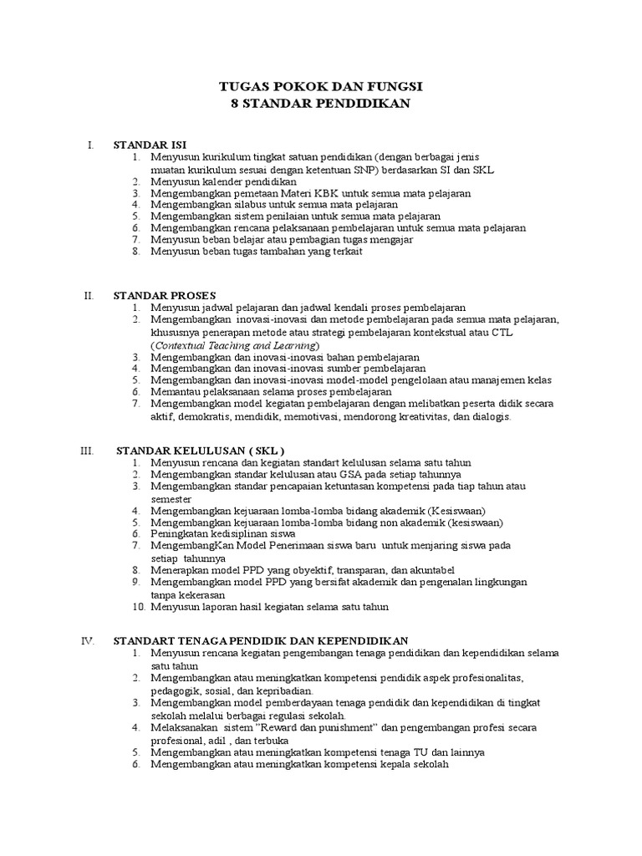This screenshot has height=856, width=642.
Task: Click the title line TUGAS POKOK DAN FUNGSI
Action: click(x=320, y=86)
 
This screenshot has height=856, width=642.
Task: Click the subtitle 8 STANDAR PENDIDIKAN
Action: click(x=320, y=103)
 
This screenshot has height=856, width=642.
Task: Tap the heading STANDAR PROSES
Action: click(x=165, y=295)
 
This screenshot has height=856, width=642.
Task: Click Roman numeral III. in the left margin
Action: click(x=88, y=451)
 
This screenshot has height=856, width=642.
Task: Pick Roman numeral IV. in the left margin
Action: click(x=88, y=640)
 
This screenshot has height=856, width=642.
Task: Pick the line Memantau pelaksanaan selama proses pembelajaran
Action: click(x=271, y=392)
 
